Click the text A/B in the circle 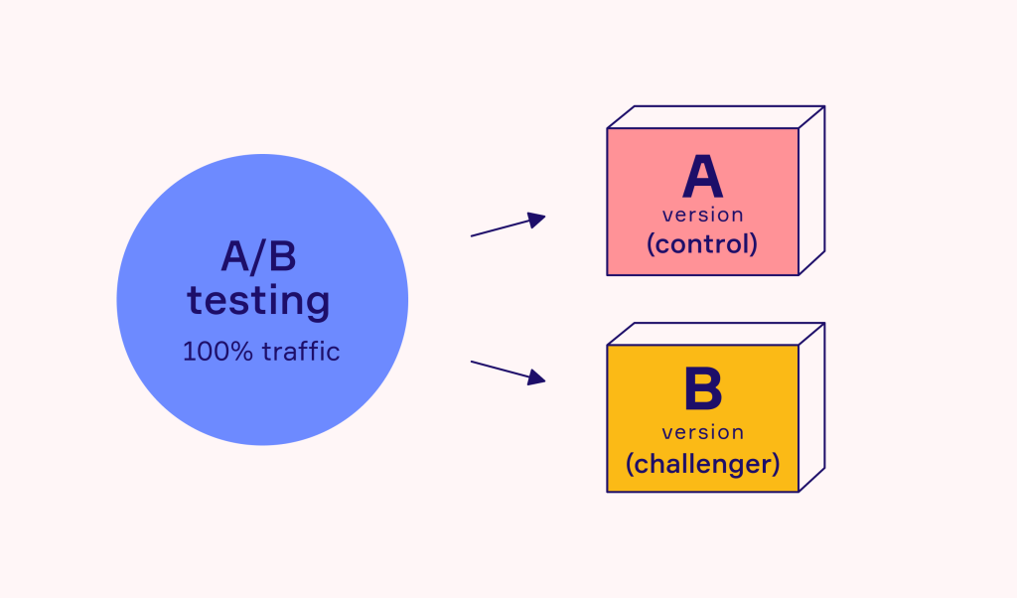[x=258, y=257]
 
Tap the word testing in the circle [x=258, y=300]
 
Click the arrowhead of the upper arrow [x=536, y=220]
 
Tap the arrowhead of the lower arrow [x=536, y=377]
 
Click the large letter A [x=702, y=178]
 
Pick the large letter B [x=702, y=390]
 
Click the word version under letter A [x=702, y=215]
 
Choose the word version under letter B [x=702, y=432]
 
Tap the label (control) [x=702, y=244]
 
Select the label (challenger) [x=702, y=463]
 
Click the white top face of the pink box [x=715, y=117]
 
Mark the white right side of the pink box [x=811, y=189]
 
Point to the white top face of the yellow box [x=715, y=334]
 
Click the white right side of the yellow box [x=811, y=406]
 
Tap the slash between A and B [x=258, y=257]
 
